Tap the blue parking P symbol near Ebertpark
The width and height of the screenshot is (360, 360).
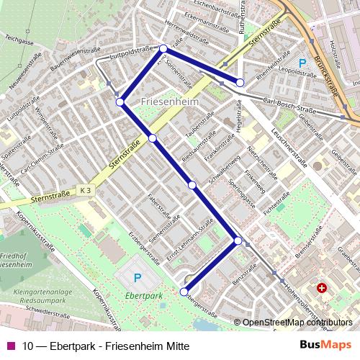[138, 278]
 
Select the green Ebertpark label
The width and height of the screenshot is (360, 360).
[142, 295]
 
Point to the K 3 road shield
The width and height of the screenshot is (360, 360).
[86, 189]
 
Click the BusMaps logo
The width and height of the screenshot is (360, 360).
[325, 345]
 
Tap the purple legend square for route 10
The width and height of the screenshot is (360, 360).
[10, 346]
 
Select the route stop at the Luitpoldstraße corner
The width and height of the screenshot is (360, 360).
[163, 48]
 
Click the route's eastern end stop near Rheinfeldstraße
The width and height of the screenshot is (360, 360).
[240, 82]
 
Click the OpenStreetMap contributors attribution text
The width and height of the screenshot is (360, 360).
[297, 323]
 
